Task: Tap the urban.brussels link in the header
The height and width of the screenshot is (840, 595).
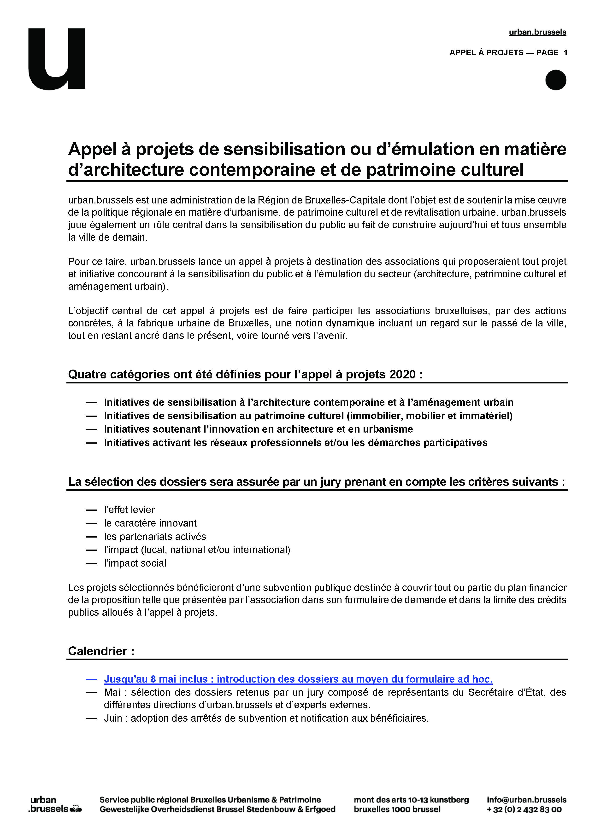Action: click(x=537, y=32)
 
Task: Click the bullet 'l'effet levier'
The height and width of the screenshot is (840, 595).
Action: click(x=129, y=510)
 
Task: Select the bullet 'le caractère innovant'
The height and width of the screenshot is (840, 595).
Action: click(x=150, y=523)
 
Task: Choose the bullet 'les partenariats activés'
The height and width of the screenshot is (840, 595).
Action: click(x=155, y=536)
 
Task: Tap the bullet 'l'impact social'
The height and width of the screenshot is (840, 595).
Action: click(x=135, y=563)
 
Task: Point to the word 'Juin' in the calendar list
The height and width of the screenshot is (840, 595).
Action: click(x=113, y=718)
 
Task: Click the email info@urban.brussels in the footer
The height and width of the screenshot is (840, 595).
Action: click(x=526, y=800)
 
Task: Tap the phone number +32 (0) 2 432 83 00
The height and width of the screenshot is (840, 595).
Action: click(x=524, y=809)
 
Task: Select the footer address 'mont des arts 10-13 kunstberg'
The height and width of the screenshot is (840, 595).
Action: click(x=411, y=800)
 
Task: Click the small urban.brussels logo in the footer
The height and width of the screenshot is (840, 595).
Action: click(x=55, y=805)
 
